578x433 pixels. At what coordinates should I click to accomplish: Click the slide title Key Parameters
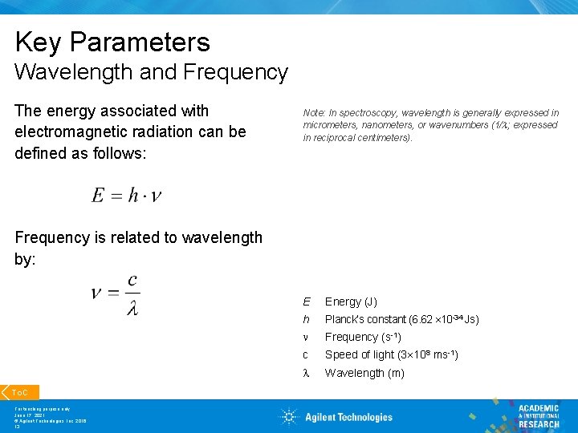[112, 42]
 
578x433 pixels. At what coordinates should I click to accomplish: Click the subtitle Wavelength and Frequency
[151, 72]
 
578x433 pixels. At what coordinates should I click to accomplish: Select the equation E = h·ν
[127, 196]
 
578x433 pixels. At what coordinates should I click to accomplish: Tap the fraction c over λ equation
[116, 294]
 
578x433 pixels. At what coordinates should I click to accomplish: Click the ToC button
[20, 393]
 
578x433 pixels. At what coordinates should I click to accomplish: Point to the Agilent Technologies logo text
[348, 417]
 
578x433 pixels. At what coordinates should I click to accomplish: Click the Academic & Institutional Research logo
[538, 415]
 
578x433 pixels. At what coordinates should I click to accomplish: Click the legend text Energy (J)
[351, 302]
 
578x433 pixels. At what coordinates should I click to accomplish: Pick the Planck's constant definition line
[401, 320]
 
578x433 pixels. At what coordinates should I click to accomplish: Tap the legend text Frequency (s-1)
[363, 338]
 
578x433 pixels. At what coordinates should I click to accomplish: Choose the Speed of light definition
[391, 355]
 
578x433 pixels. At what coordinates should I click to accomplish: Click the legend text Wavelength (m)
[364, 374]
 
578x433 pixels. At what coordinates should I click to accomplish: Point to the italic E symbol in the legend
[306, 302]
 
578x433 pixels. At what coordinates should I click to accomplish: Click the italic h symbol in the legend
[306, 320]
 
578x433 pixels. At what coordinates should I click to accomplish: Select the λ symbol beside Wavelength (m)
[306, 374]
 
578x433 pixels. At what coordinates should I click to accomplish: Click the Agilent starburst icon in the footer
[289, 416]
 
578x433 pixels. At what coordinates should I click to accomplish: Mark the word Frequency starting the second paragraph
[52, 237]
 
